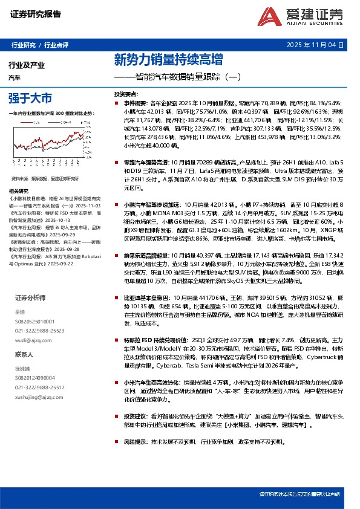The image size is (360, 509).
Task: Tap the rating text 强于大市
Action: tap(30, 97)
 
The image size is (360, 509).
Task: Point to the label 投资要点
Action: tap(126, 95)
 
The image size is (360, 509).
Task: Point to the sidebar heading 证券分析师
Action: tap(31, 298)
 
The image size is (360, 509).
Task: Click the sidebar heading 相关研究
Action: tap(22, 190)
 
